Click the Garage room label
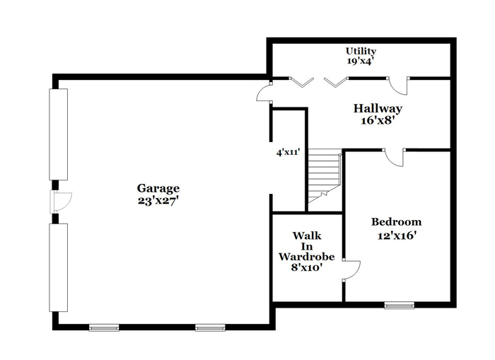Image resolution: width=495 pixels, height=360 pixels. tap(158, 189)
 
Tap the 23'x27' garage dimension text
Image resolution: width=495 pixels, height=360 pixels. tap(158, 201)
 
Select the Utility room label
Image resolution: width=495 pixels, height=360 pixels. tap(361, 51)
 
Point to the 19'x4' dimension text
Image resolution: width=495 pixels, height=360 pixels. tap(361, 61)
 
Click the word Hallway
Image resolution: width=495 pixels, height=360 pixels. tap(378, 109)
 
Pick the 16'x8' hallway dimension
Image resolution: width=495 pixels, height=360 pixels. tap(378, 120)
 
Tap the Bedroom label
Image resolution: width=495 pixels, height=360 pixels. tap(396, 221)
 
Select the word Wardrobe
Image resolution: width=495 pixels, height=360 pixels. tap(306, 257)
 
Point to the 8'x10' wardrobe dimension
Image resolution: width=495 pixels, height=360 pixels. tap(306, 267)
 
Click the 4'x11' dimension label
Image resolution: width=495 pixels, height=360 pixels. tap(288, 153)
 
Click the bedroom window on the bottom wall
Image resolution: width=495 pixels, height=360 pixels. tap(399, 305)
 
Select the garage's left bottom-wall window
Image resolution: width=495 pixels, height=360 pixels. tap(104, 327)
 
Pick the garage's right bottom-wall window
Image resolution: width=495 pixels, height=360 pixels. tap(210, 327)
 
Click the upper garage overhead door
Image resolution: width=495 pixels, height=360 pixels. tap(59, 134)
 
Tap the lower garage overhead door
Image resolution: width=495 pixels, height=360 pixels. tap(59, 268)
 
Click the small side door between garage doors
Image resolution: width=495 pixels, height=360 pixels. tap(62, 202)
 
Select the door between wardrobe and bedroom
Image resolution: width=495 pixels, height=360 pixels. tap(351, 270)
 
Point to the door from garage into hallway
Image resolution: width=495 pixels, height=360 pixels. tap(264, 93)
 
